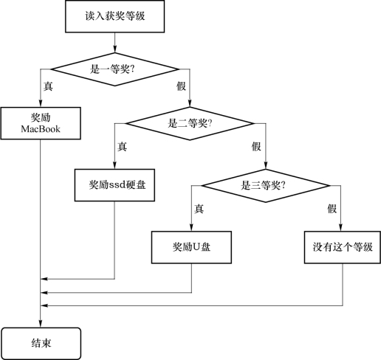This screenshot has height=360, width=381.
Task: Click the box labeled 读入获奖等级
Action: point(114,16)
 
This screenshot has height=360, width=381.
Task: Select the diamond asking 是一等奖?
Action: point(114,69)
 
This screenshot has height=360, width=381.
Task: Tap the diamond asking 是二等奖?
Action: point(190,123)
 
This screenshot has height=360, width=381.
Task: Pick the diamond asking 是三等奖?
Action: point(266,186)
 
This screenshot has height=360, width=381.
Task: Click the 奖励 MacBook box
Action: point(41,123)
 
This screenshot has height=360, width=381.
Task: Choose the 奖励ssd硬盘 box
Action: point(114,185)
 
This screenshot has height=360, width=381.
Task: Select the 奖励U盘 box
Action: point(191,247)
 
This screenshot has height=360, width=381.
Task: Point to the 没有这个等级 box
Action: point(343,247)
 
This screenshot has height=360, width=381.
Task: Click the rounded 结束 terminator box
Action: point(41,344)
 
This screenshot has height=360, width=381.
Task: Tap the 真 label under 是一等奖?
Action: point(48,86)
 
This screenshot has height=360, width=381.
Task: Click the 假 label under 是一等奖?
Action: point(181,86)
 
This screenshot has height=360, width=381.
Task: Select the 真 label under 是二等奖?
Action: point(122,147)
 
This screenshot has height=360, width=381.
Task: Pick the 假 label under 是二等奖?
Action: point(256,147)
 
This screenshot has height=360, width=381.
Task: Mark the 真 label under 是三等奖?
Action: point(199,209)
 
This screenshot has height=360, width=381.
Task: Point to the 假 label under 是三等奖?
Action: point(332,209)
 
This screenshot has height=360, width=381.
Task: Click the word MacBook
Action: point(41,129)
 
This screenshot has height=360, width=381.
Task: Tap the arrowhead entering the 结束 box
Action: point(41,324)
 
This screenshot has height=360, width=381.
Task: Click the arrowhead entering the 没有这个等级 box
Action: point(341,228)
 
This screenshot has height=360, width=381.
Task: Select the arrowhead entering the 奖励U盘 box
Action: point(191,228)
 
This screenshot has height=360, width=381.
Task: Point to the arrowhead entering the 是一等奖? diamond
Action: point(114,49)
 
